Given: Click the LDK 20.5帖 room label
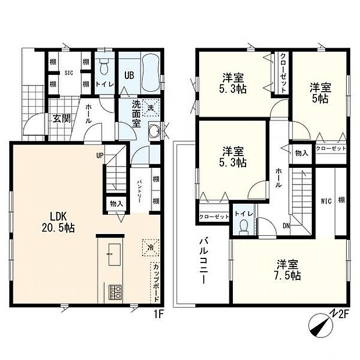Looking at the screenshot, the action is [x=58, y=222].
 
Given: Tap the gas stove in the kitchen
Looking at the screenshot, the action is [x=115, y=292].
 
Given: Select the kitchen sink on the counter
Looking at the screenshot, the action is [x=114, y=254].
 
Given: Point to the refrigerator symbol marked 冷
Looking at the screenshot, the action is [x=150, y=247].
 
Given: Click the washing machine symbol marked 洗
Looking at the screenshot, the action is [x=151, y=107].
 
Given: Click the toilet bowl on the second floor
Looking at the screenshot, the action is [x=244, y=227].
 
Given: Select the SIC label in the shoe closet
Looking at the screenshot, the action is [x=69, y=73].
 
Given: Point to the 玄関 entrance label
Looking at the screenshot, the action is [x=62, y=118].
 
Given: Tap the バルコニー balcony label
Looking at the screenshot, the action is [x=204, y=261].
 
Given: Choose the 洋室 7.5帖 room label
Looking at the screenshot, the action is [x=287, y=270].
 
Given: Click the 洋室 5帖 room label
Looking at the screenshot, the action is [x=321, y=93].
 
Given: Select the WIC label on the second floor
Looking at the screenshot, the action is [x=326, y=201].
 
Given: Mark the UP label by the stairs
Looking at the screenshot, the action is [x=100, y=156].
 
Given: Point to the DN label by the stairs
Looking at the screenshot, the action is [x=287, y=226].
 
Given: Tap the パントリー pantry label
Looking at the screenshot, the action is [x=139, y=190].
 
